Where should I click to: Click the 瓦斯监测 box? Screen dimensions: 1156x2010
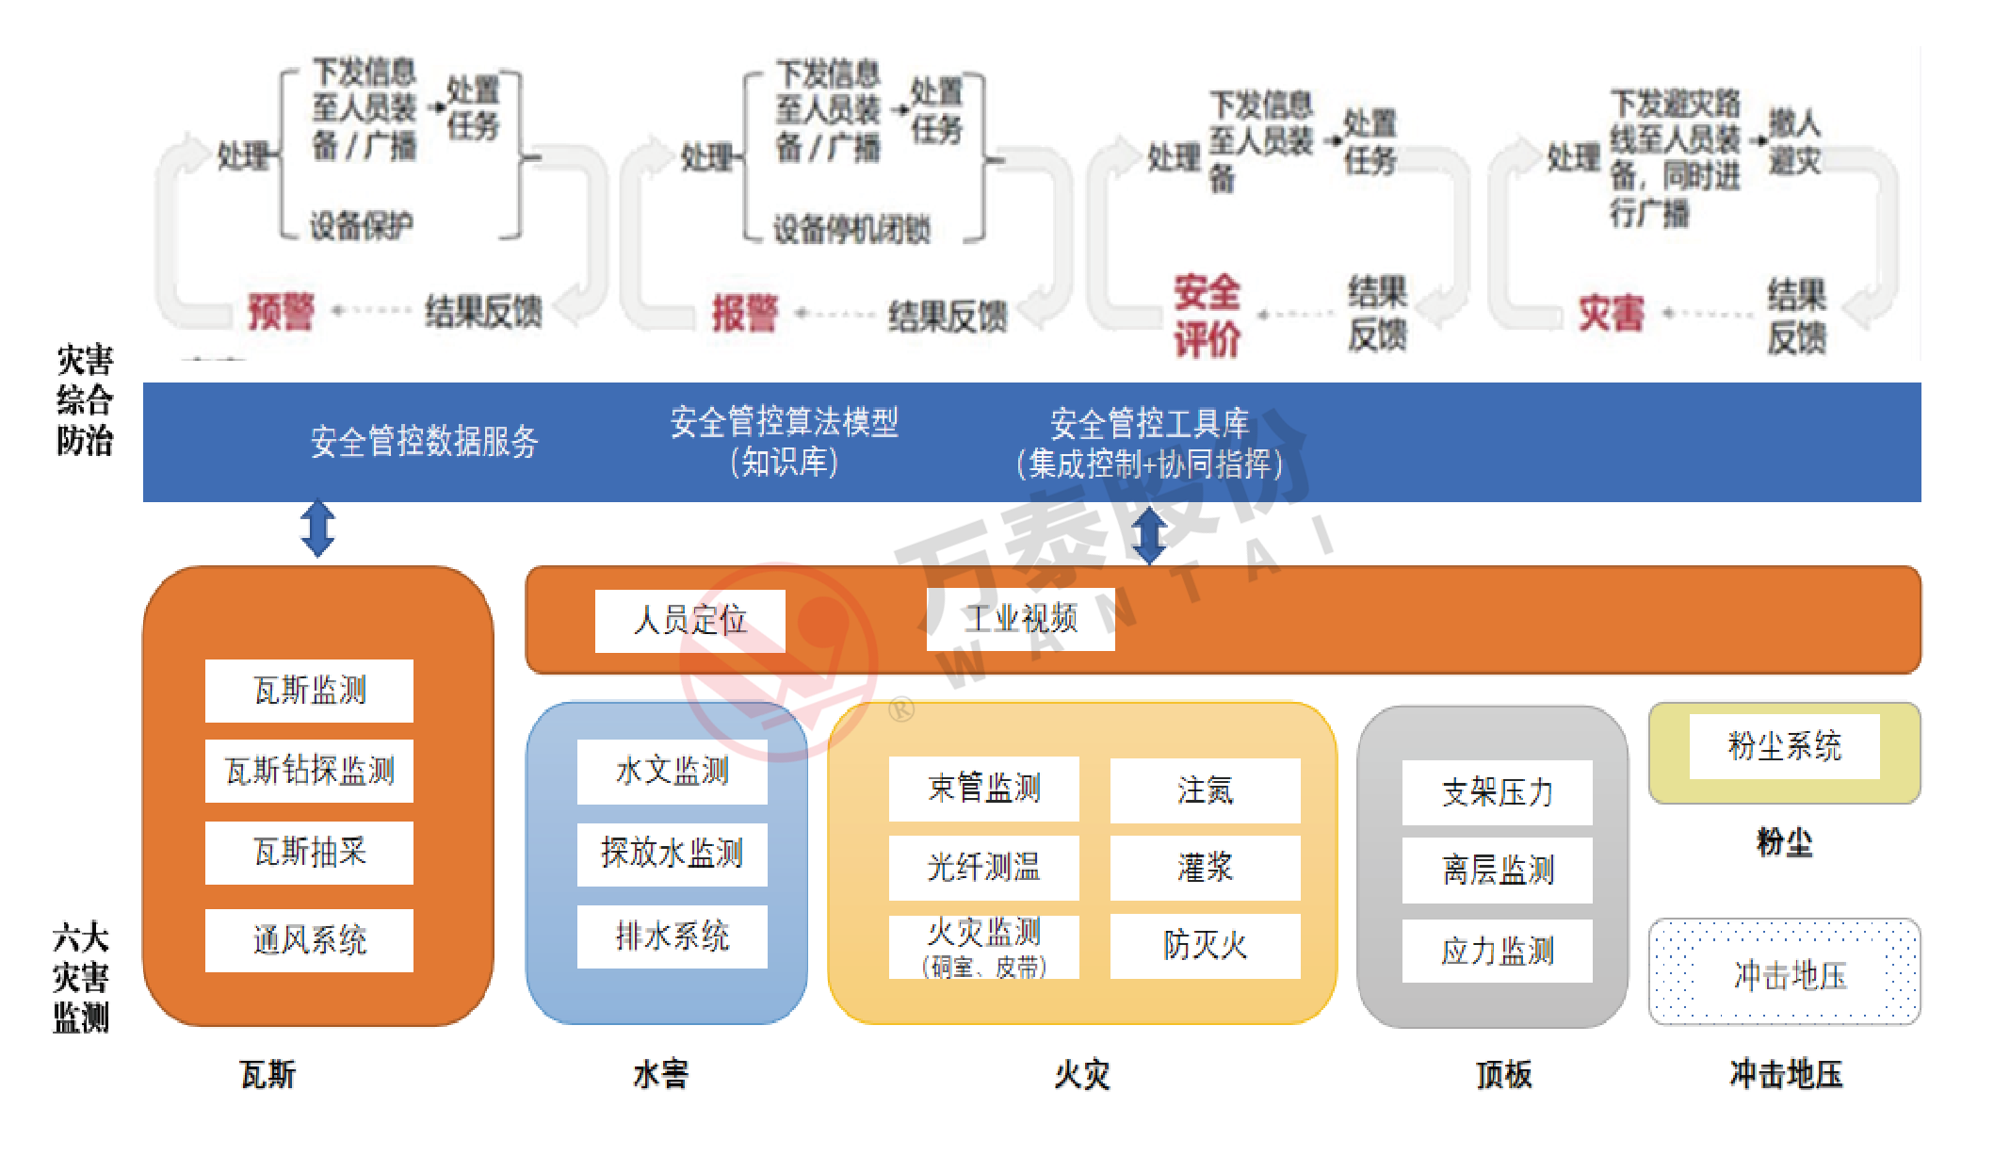pos(309,691)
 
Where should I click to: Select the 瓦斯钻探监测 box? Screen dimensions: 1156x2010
pos(309,771)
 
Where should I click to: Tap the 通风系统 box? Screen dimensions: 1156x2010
pos(309,940)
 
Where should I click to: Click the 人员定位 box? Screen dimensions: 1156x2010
pos(689,620)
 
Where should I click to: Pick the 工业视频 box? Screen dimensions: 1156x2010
pos(1020,619)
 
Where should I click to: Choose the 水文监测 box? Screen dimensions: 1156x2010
pos(672,772)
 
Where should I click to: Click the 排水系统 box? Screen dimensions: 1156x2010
pos(672,936)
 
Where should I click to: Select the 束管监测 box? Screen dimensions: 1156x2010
pos(983,789)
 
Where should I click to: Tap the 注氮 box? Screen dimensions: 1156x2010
pos(1205,790)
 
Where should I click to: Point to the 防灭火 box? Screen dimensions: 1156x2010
pos(1205,946)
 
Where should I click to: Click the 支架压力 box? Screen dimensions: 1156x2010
pos(1497,792)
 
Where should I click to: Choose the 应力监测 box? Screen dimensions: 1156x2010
pos(1497,952)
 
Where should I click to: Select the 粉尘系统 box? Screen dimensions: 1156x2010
pos(1784,746)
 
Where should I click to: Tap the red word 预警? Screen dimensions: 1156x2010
pos(281,312)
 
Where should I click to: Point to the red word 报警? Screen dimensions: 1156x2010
pos(744,314)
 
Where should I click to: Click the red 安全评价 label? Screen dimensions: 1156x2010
pos(1206,316)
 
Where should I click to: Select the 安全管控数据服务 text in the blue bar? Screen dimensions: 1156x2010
pos(424,441)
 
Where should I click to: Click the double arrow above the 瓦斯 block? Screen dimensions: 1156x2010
pos(317,528)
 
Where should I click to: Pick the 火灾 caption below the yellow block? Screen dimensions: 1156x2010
pos(1081,1074)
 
